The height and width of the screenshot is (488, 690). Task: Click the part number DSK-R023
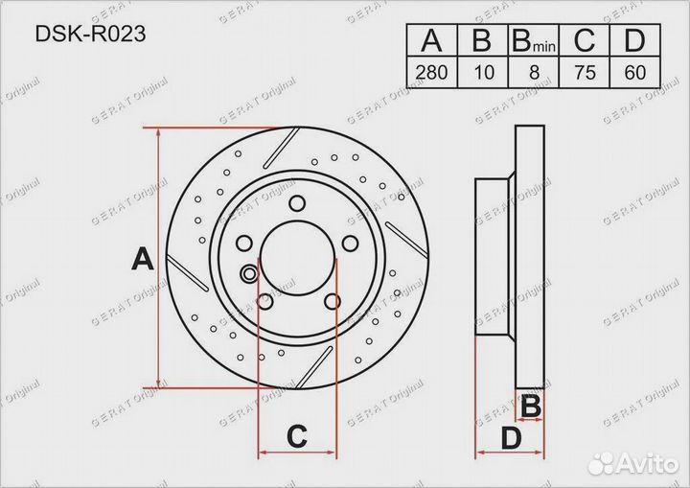90,34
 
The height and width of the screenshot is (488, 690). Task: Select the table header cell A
431,40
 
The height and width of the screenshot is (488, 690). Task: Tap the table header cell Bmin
534,40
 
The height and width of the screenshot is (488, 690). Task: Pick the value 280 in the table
431,72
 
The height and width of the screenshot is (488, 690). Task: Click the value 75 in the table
585,72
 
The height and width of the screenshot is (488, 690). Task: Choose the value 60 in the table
634,72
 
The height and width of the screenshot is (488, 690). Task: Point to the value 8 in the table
534,72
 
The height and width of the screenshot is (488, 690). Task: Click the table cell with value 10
483,72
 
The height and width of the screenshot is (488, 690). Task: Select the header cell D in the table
634,40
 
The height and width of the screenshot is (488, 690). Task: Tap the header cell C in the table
585,40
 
